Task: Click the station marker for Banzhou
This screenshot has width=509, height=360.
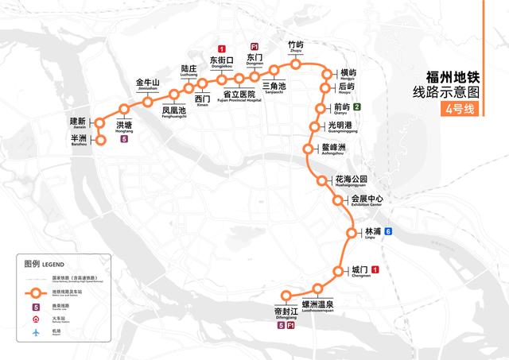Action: click(101, 141)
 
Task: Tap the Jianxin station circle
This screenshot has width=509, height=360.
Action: click(101, 122)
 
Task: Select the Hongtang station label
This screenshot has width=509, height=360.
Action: click(125, 127)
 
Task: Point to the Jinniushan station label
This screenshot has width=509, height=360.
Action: click(149, 84)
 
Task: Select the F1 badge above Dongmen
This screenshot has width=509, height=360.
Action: click(254, 47)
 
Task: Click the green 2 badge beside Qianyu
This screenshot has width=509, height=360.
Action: click(358, 106)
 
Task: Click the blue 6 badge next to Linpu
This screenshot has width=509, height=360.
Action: click(388, 232)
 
